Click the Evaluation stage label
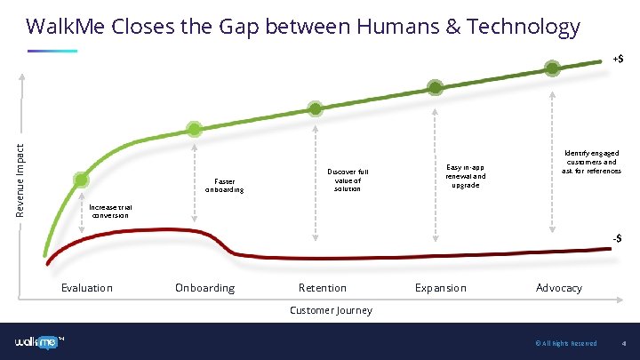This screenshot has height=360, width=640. pyautogui.click(x=86, y=287)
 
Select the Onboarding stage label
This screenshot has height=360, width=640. pyautogui.click(x=204, y=287)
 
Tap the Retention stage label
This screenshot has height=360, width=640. pyautogui.click(x=323, y=287)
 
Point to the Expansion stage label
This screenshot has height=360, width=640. pyautogui.click(x=440, y=287)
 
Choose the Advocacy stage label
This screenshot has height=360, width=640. pyautogui.click(x=559, y=287)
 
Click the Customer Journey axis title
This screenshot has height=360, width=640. pyautogui.click(x=331, y=310)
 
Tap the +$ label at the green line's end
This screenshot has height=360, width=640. pyautogui.click(x=617, y=59)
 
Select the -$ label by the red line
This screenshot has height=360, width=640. pyautogui.click(x=617, y=238)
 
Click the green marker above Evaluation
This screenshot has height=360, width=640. pyautogui.click(x=81, y=180)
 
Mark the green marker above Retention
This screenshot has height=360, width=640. pyautogui.click(x=316, y=108)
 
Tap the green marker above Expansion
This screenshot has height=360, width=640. pyautogui.click(x=435, y=87)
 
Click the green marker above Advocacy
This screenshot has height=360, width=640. pyautogui.click(x=553, y=68)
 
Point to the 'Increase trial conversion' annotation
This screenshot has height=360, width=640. pyautogui.click(x=109, y=210)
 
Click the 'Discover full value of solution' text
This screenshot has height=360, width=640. pyautogui.click(x=348, y=180)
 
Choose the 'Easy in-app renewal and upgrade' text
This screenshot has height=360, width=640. pyautogui.click(x=466, y=175)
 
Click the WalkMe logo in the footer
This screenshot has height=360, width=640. pyautogui.click(x=40, y=342)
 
